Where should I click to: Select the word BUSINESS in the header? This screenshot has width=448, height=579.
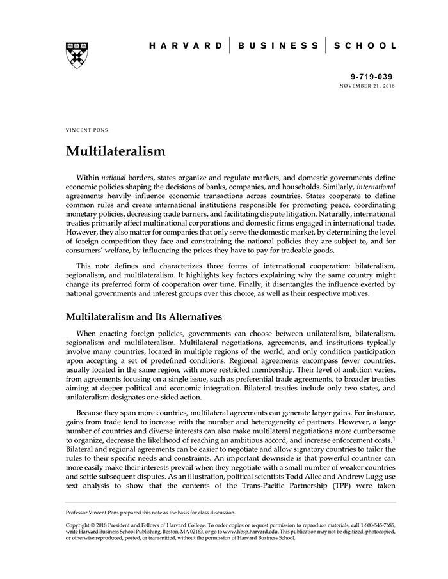pos(278,45)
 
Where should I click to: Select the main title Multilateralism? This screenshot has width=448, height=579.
pos(116,151)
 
